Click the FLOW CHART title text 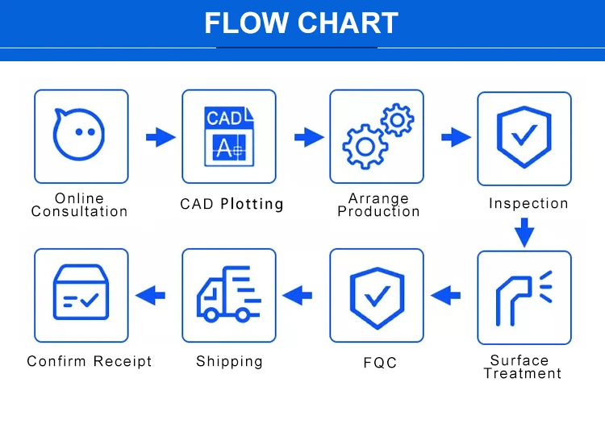coord(302,23)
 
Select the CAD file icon coord(228,136)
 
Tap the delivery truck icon coord(228,295)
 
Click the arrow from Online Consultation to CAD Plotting coord(161,137)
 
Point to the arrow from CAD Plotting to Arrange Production coord(309,137)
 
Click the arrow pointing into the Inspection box coord(457,137)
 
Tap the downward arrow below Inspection coord(524,233)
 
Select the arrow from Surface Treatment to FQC coord(446,296)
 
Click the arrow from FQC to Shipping coord(297,296)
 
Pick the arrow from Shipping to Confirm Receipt coord(150,296)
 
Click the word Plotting coord(252,204)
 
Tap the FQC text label coord(380,363)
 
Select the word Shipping coord(229,361)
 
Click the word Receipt coord(121,361)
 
